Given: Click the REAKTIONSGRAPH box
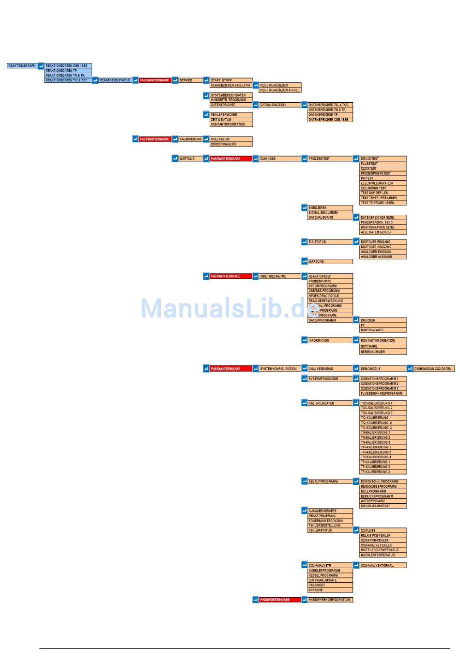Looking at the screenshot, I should pyautogui.click(x=22, y=65).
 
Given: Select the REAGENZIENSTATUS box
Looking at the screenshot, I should pyautogui.click(x=115, y=80).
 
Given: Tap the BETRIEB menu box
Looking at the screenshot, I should pyautogui.click(x=190, y=80).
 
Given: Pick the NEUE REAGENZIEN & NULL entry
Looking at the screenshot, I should pyautogui.click(x=280, y=90).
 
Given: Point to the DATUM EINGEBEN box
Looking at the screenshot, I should pyautogui.click(x=279, y=105).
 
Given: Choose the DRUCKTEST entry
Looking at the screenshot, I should pyautogui.click(x=383, y=159).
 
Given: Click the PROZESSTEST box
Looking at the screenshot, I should pyautogui.click(x=330, y=159).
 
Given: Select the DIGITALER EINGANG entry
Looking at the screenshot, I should pyautogui.click(x=383, y=242).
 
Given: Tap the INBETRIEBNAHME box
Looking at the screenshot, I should pyautogui.click(x=279, y=276).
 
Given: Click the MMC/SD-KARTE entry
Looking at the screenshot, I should pyautogui.click(x=383, y=330).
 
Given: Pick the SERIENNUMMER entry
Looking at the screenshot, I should pyautogui.click(x=383, y=352).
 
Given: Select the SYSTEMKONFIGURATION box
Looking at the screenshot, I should pyautogui.click(x=279, y=369).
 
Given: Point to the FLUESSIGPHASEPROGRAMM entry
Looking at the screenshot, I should pyautogui.click(x=383, y=394).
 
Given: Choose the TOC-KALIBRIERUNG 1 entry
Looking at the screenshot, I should pyautogui.click(x=383, y=403).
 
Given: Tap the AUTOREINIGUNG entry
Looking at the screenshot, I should pyautogui.click(x=383, y=501).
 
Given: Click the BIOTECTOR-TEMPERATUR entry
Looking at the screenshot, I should pyautogui.click(x=383, y=550).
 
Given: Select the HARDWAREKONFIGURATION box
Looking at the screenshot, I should pyautogui.click(x=330, y=600).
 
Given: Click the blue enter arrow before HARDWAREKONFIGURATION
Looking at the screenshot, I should pyautogui.click(x=305, y=600).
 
